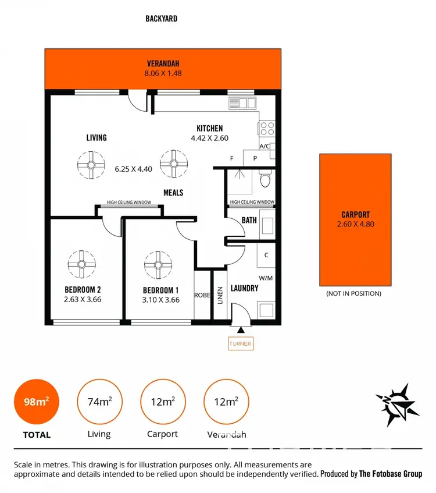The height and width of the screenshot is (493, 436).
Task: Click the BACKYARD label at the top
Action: click(161, 19)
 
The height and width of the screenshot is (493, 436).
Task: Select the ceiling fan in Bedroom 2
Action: click(81, 264)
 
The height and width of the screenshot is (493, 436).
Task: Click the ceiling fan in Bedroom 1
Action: click(159, 264)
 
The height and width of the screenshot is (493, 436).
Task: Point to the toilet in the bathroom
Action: click(265, 180)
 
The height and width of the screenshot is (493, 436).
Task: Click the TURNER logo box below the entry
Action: click(240, 343)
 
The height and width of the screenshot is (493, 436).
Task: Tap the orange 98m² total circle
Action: click(36, 402)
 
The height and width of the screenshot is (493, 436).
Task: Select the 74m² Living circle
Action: click(99, 402)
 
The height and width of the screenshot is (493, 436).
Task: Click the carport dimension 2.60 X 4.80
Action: click(355, 224)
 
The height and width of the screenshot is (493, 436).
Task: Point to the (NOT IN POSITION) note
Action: click(354, 293)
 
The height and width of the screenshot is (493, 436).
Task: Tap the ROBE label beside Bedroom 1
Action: click(202, 295)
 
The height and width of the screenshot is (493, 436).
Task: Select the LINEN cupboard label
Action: click(220, 295)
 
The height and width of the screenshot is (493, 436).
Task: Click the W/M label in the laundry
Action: click(266, 278)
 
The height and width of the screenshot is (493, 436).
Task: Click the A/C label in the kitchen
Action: click(265, 146)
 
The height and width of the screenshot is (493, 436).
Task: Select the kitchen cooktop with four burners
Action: click(267, 128)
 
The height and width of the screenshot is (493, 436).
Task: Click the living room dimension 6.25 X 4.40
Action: click(133, 169)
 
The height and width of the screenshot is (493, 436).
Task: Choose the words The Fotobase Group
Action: click(390, 474)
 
